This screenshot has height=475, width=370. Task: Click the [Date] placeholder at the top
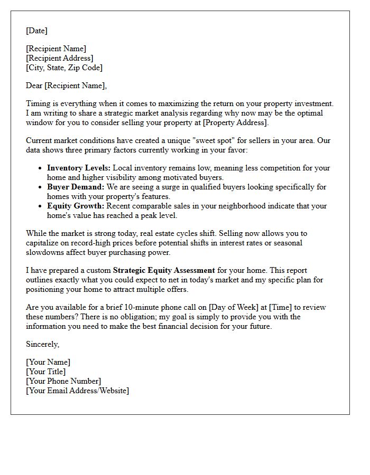(x=36, y=31)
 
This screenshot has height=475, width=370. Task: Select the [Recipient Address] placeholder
(x=60, y=58)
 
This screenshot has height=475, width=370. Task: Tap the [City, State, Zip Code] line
(x=64, y=68)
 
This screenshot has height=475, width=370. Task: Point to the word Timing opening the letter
(x=39, y=103)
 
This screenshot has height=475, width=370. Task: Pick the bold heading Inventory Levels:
(x=79, y=168)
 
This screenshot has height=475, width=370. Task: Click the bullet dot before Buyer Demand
(x=41, y=187)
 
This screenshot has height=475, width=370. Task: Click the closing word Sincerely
(x=42, y=344)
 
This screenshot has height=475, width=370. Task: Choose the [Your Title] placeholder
(x=46, y=372)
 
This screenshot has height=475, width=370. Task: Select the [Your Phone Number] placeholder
(x=63, y=381)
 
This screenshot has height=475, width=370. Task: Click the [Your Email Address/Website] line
(x=77, y=391)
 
